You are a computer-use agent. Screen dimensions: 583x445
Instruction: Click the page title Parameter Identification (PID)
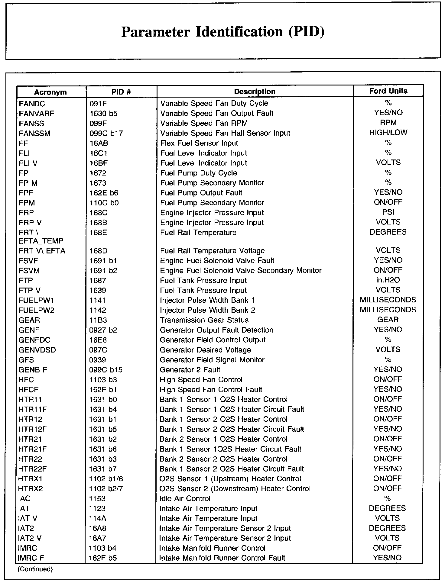pos(223,32)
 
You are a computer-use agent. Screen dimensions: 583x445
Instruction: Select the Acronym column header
pos(50,92)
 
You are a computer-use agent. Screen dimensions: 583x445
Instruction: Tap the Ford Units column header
pos(388,91)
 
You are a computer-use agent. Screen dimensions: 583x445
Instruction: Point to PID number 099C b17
pos(106,134)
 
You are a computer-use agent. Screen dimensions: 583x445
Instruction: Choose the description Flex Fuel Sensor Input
pos(199,143)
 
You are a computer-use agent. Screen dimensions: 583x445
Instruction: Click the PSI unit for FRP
pos(388,212)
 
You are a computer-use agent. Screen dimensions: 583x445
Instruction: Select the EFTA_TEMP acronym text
pos(41,241)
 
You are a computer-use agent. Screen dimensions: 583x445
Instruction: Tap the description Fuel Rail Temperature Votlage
pos(212,251)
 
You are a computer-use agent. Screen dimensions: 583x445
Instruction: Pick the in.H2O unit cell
pos(388,280)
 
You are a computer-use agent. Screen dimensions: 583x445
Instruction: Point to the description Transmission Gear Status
pos(204,320)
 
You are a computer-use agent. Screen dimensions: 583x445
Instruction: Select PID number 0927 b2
pos(103,330)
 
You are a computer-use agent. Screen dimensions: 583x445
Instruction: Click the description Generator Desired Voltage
pos(205,350)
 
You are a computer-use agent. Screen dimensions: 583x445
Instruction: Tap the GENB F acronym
pos(33,370)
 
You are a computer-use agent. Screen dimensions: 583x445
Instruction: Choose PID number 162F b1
pos(103,390)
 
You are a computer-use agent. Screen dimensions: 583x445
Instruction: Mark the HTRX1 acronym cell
pos(30,479)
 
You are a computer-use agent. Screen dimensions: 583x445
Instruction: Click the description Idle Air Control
pos(185,499)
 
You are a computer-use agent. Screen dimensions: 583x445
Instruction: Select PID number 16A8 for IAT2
pos(98,529)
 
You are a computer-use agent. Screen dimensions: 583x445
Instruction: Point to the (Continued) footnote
pos(35,569)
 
